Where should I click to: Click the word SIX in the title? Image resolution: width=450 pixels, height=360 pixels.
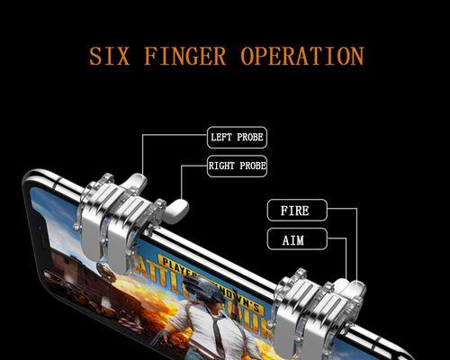pos(110,56)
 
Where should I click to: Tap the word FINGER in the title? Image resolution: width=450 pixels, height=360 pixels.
pos(184,56)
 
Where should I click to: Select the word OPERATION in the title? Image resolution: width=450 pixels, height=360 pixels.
pos(302,56)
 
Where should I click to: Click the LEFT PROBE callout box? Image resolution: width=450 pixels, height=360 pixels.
pos(237,138)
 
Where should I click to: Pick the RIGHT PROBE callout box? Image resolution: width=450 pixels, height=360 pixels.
pos(237,166)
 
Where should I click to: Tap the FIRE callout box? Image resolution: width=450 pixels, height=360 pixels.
pos(297,210)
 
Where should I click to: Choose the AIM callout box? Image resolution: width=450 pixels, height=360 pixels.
pos(297,238)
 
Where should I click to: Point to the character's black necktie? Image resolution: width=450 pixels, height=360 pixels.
pos(217,331)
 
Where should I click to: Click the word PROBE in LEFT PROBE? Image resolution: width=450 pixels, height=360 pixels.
pos(250,138)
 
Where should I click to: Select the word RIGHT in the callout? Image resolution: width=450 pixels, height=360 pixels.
pos(221,166)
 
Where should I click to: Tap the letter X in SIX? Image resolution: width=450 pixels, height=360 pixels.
pos(123,56)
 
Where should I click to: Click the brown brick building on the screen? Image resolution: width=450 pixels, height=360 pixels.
pos(70,270)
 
